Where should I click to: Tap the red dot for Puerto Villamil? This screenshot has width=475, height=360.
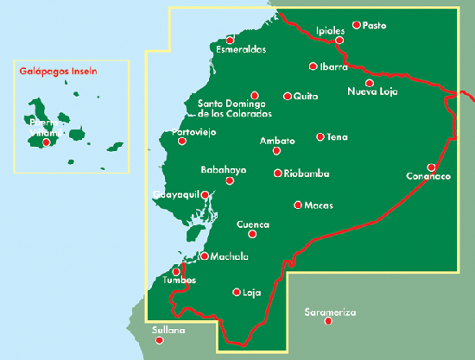(46, 142)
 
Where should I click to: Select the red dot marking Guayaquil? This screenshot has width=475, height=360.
(205, 194)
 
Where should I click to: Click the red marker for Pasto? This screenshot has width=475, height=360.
(357, 25)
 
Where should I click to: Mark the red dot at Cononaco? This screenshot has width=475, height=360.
(432, 167)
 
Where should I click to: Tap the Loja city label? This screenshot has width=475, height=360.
(251, 292)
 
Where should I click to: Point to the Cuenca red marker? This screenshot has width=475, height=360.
(252, 234)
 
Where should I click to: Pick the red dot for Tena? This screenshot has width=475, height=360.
(320, 136)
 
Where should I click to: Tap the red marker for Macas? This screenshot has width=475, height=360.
(298, 205)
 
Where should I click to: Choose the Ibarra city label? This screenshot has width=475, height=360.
(333, 66)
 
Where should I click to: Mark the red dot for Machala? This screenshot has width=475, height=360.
(205, 256)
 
